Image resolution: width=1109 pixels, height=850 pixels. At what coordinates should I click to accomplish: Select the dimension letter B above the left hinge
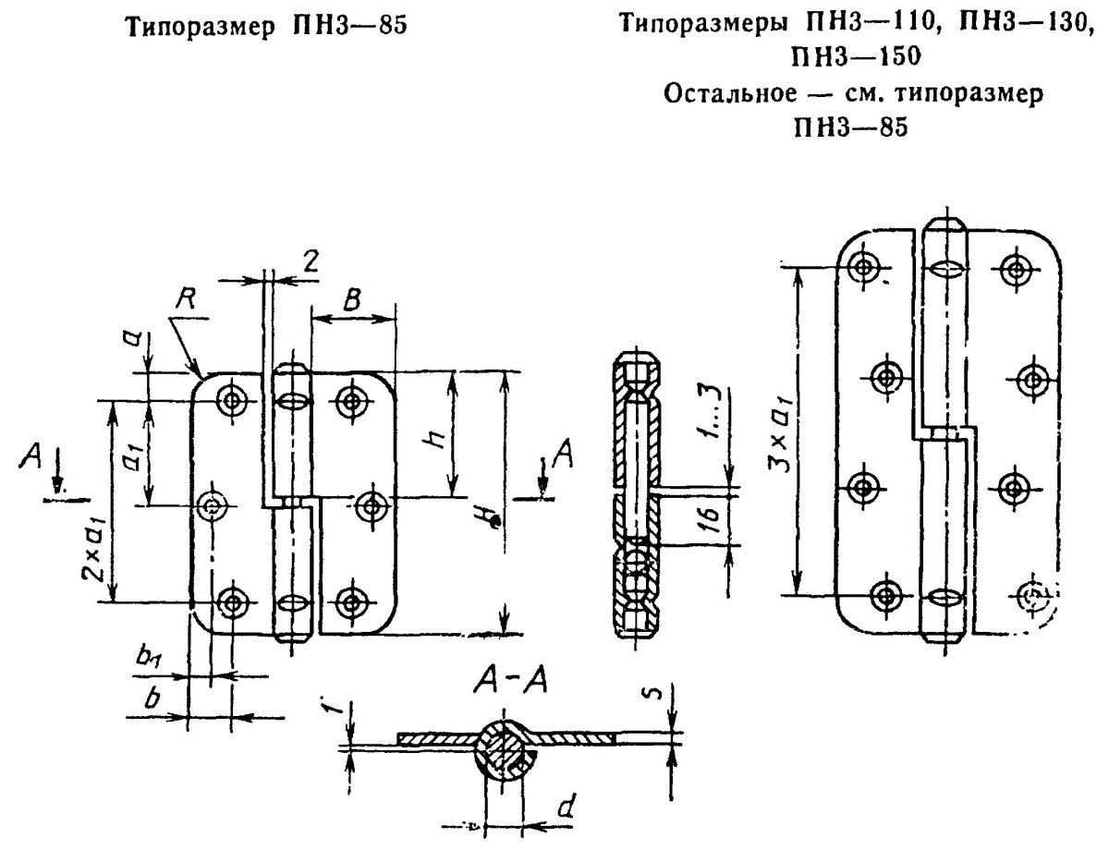point(352,300)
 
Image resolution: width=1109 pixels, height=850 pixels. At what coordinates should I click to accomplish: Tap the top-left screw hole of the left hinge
point(230,401)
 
